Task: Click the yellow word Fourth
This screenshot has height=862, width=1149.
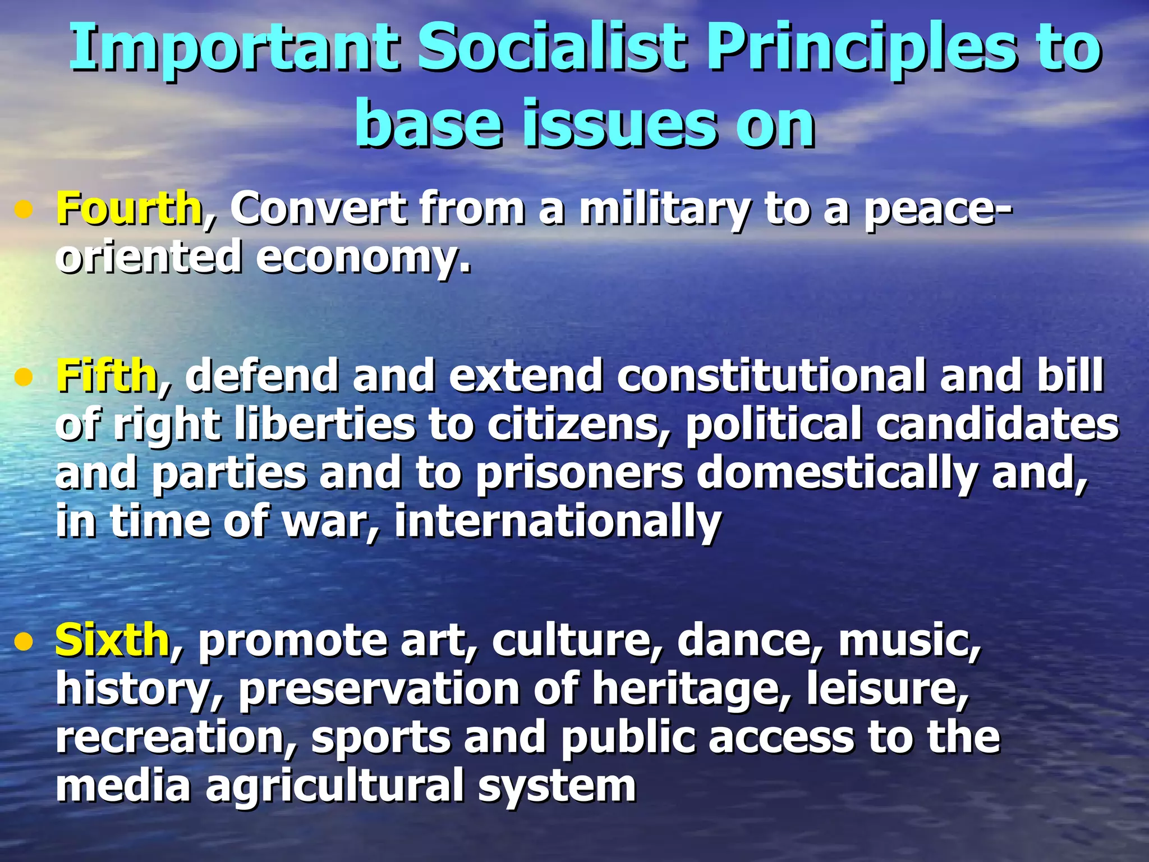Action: pos(128,209)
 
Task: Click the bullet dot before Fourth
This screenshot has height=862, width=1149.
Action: pos(24,211)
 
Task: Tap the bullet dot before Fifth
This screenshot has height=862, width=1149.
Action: pos(24,378)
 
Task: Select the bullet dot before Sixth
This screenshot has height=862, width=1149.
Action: pos(24,642)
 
